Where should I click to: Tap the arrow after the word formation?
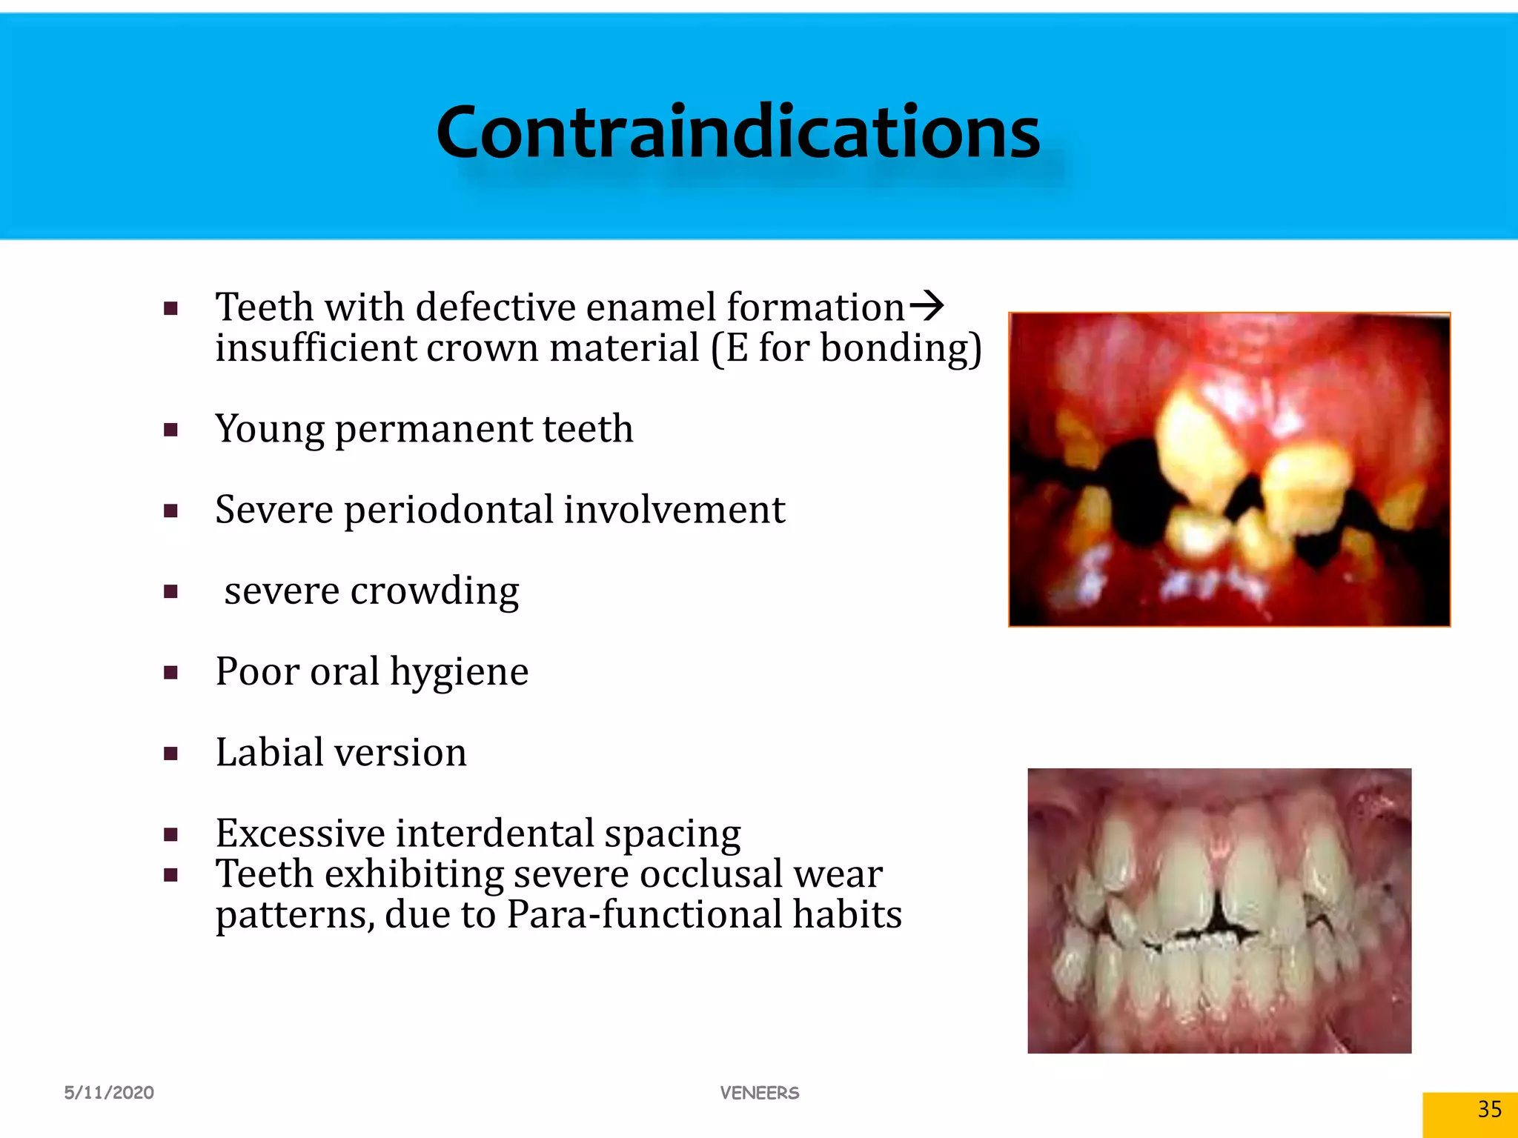pos(927,306)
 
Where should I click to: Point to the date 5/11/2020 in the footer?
pos(109,1093)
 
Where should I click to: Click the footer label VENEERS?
pos(760,1093)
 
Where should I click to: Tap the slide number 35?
pos(1489,1109)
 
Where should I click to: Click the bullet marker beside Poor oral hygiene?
pos(171,673)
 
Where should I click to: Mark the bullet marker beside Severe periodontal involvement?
pos(171,510)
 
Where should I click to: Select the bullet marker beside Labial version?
pos(171,754)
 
